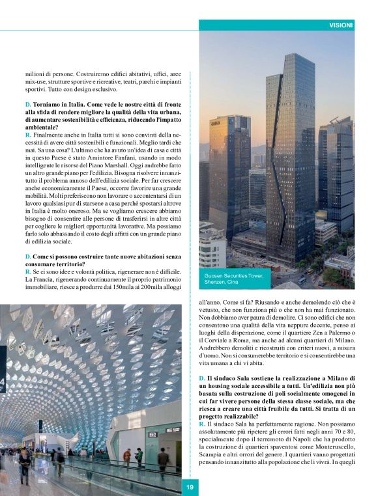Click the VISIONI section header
coord(342,25)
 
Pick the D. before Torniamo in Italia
coord(28,105)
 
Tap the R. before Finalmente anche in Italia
coord(28,133)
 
